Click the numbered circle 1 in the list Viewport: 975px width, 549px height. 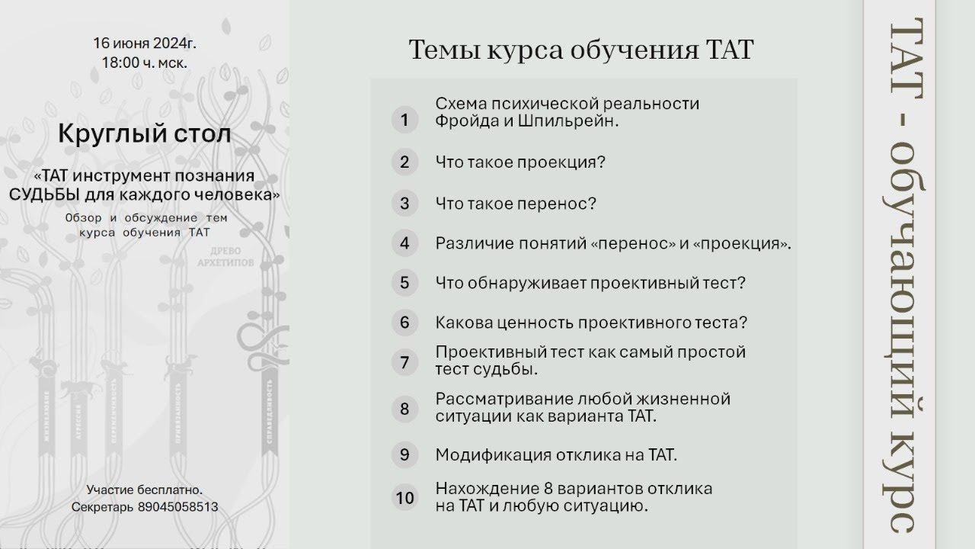coord(404,120)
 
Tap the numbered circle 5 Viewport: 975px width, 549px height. coord(404,283)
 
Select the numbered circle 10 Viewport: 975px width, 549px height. coord(404,497)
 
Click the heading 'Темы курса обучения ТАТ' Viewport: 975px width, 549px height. coord(580,50)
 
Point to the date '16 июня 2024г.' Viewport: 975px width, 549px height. coord(145,43)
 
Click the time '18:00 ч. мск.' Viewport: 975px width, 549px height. coord(145,63)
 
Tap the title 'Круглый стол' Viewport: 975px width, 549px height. coord(144,135)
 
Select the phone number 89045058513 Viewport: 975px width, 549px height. coord(178,506)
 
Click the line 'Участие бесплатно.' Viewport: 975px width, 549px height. coord(145,490)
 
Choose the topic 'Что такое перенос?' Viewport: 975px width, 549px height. coord(516,204)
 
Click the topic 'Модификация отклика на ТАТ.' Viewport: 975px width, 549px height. coord(556,455)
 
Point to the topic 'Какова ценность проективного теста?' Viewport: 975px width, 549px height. coord(591,323)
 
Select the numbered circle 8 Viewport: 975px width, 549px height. coord(404,409)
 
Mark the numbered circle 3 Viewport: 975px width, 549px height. coord(404,204)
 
